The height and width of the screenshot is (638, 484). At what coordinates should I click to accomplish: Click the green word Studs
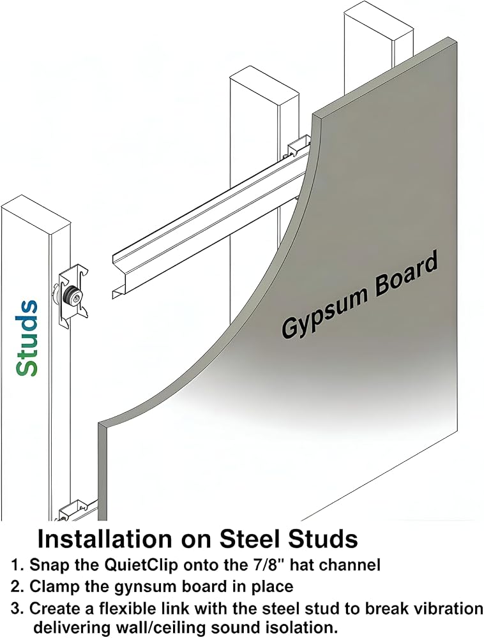(27, 338)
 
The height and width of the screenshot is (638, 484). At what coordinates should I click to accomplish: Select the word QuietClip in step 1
(142, 565)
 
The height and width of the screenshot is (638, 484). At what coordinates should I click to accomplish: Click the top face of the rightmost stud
(379, 24)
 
